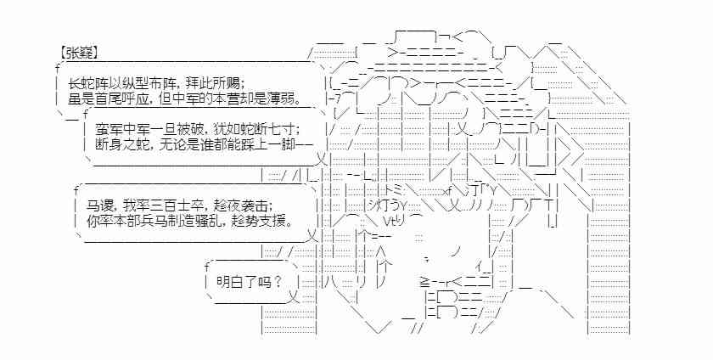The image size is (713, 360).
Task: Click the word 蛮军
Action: click(x=109, y=128)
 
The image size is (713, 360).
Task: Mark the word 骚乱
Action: click(x=222, y=223)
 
